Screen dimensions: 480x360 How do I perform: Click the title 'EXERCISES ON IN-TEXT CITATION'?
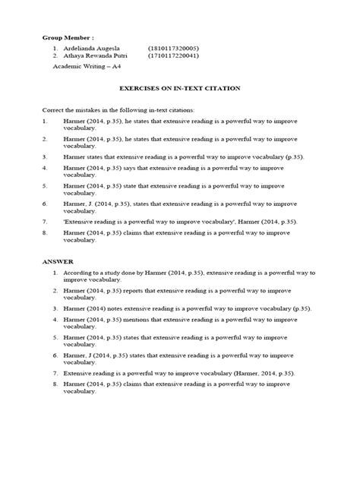click(x=180, y=88)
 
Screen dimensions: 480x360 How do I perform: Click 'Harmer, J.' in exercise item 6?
click(x=79, y=204)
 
